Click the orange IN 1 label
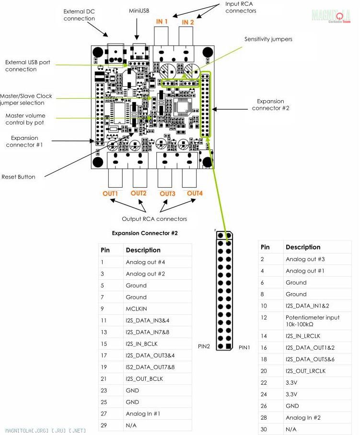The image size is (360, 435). click(x=162, y=22)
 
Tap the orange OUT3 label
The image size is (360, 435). click(x=167, y=194)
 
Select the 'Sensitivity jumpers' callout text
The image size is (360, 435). click(x=268, y=39)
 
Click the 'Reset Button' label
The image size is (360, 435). click(x=18, y=177)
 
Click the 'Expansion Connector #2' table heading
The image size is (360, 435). click(x=145, y=233)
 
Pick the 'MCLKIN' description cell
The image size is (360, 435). click(x=135, y=309)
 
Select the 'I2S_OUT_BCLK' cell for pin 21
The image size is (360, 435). click(x=144, y=378)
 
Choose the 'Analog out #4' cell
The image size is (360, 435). click(x=145, y=262)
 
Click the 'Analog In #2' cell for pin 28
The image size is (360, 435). click(x=303, y=418)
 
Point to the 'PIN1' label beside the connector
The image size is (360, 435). click(x=244, y=347)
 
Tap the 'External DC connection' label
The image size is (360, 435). click(x=80, y=15)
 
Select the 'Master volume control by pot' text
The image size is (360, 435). click(x=25, y=119)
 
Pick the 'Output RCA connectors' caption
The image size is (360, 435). click(x=154, y=219)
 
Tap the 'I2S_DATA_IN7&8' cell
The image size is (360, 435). click(x=147, y=332)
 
